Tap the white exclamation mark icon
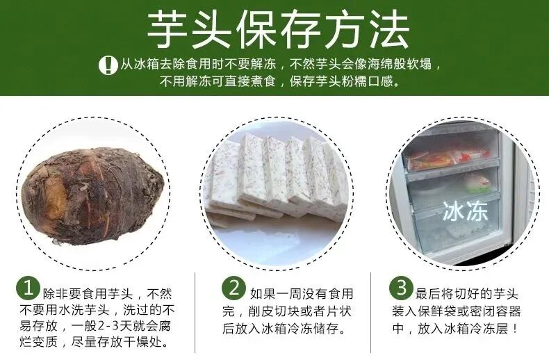click(x=108, y=65)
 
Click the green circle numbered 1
click(x=28, y=288)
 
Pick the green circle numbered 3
click(x=401, y=288)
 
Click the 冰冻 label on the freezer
click(x=466, y=211)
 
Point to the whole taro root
click(x=92, y=195)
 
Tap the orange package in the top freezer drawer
click(x=432, y=160)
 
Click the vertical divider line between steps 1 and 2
click(x=195, y=312)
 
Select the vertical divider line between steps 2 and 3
click(x=371, y=312)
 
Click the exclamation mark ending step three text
click(x=514, y=329)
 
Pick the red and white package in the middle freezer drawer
click(x=476, y=183)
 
